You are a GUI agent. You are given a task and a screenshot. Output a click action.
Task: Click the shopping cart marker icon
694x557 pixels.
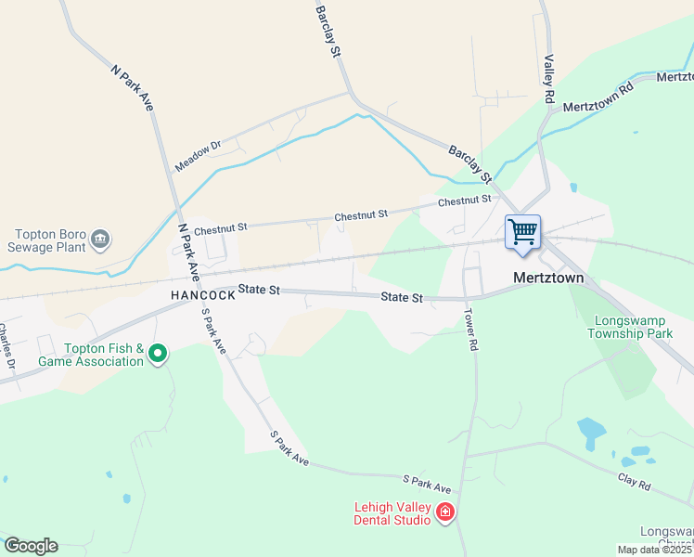pos(523,232)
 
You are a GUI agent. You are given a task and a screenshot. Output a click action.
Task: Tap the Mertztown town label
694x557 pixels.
pos(547,277)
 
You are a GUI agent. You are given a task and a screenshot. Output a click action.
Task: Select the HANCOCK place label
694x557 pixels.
pos(202,295)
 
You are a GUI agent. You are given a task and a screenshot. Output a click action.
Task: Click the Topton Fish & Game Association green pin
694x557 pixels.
pos(158,353)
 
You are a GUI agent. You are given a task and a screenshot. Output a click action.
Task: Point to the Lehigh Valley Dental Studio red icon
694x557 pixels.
pos(445,512)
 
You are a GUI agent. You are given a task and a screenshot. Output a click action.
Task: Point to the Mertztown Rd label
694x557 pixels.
pos(598,95)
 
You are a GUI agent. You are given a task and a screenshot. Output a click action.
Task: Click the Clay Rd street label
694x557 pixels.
pos(635,483)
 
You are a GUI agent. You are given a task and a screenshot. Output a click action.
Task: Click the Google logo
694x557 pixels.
pos(32,546)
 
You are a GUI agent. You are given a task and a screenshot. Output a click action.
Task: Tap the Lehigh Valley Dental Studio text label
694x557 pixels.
pos(392,513)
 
